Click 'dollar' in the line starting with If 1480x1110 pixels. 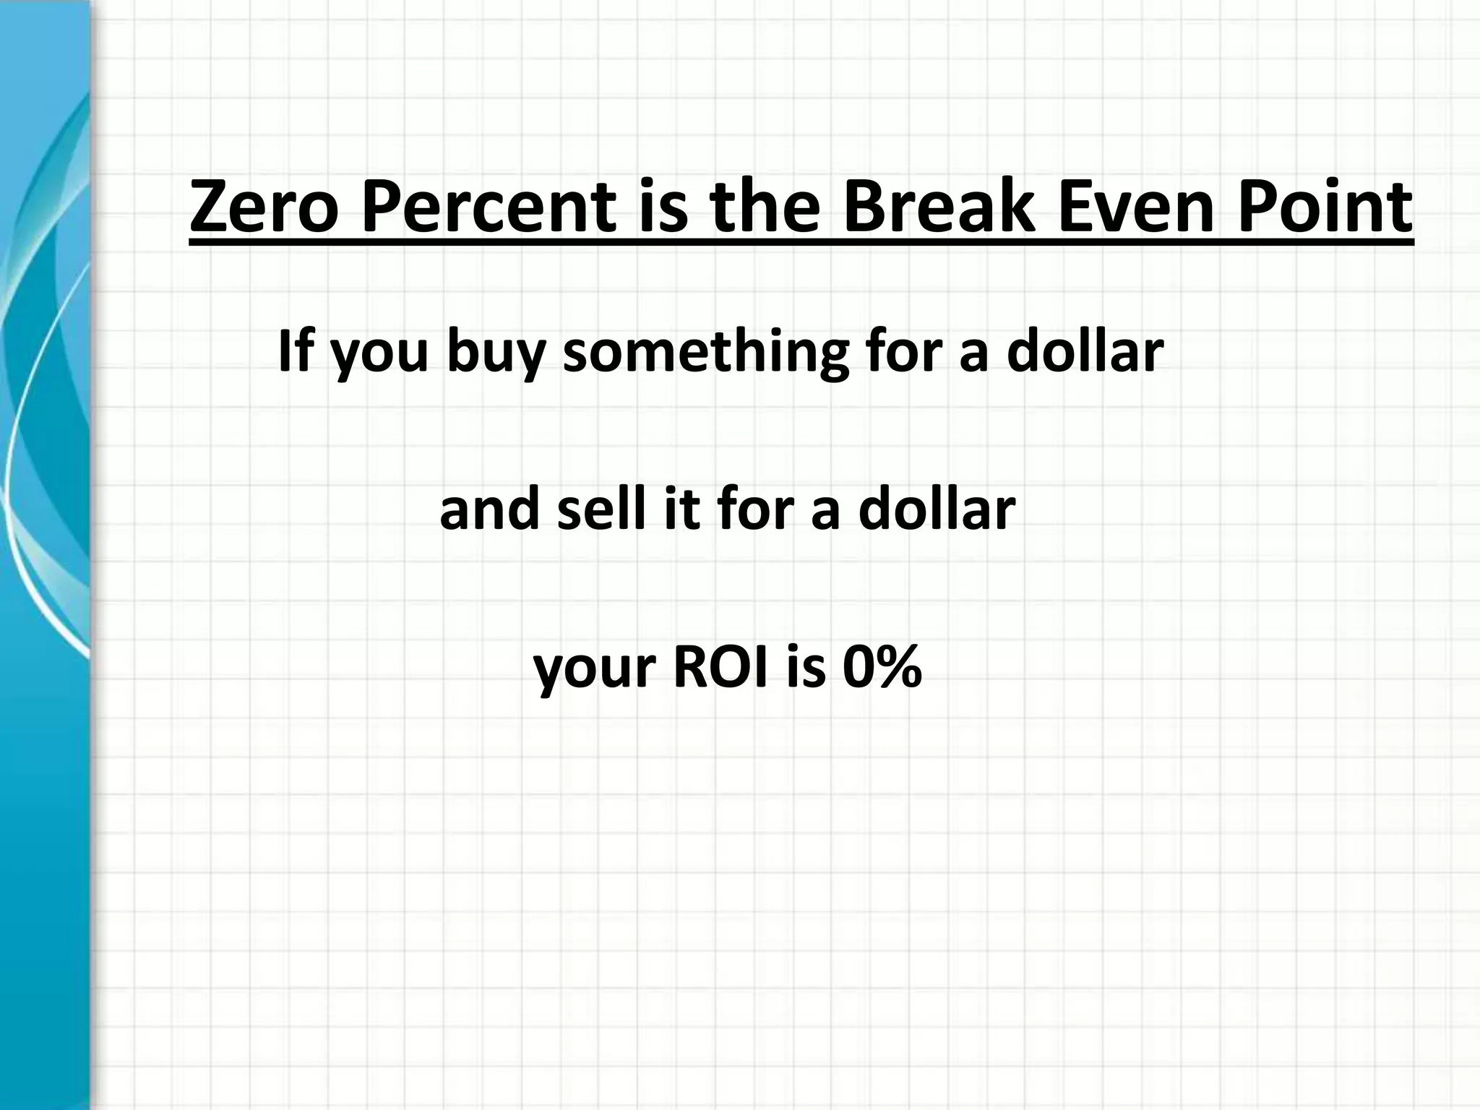(1085, 350)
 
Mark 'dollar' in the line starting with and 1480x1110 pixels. (937, 509)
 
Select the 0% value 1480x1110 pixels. (882, 668)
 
